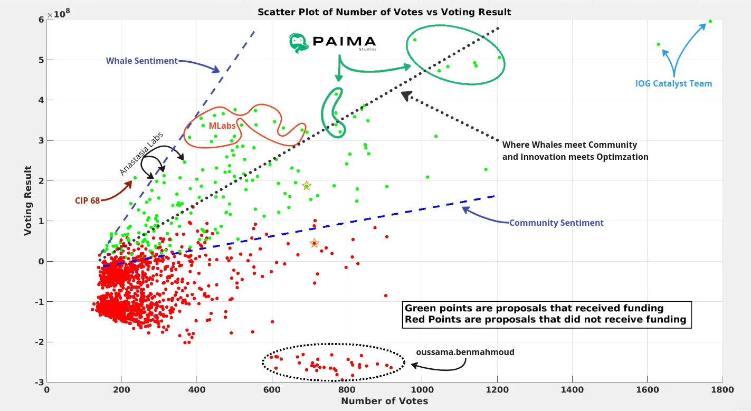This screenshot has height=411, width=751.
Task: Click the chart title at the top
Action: click(384, 12)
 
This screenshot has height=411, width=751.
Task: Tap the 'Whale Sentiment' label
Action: click(141, 61)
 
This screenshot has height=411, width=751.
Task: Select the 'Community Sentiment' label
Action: click(556, 223)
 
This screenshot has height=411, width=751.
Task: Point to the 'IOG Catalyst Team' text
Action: click(673, 83)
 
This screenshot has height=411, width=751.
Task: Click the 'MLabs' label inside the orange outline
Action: click(222, 126)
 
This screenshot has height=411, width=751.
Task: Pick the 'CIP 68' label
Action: click(88, 200)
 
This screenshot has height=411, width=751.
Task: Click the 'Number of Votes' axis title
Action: click(384, 401)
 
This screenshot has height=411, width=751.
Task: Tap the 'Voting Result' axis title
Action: click(28, 200)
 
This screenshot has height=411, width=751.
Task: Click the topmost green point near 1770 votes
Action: click(710, 21)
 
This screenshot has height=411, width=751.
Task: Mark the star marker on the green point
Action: click(306, 186)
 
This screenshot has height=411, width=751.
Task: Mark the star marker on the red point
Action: click(314, 243)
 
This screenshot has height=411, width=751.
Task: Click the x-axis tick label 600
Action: click(272, 390)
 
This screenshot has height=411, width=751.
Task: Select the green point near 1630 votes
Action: click(658, 44)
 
